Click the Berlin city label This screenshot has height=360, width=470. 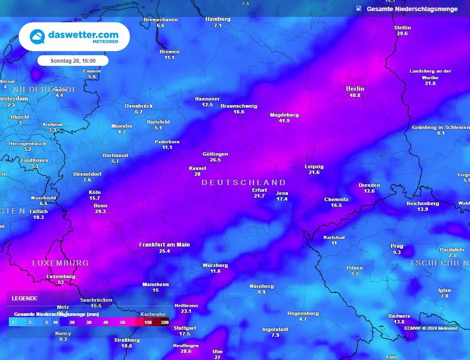(355, 89)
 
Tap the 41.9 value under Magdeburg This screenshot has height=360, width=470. (284, 121)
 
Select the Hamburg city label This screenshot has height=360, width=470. (218, 19)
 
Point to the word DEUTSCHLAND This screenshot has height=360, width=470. (244, 183)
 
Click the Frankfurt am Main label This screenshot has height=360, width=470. (164, 245)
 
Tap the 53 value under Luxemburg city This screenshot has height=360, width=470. (61, 282)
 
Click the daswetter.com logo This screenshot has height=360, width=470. (74, 37)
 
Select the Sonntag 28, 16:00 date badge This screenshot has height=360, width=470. (73, 61)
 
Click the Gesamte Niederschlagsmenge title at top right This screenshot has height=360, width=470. (412, 9)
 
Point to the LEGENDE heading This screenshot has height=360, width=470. (25, 299)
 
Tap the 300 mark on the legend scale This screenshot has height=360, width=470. (164, 323)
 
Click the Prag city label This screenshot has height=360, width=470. (397, 246)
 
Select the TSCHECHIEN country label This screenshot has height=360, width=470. (439, 263)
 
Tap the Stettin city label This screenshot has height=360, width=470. (403, 28)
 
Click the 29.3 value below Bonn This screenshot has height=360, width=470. (101, 212)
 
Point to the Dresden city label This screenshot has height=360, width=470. (369, 185)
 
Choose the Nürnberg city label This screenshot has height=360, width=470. (262, 286)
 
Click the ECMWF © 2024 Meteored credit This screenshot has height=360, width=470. (431, 328)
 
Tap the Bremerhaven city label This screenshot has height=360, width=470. (160, 20)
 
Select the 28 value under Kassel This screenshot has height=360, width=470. (197, 174)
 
